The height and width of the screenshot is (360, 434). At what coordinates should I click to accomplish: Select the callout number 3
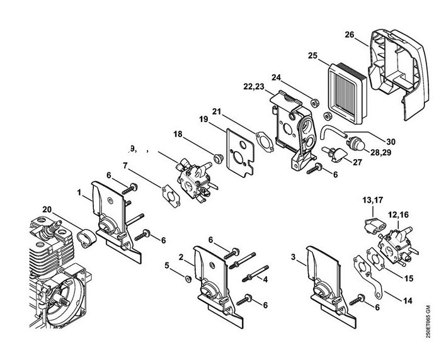tap(293, 257)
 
